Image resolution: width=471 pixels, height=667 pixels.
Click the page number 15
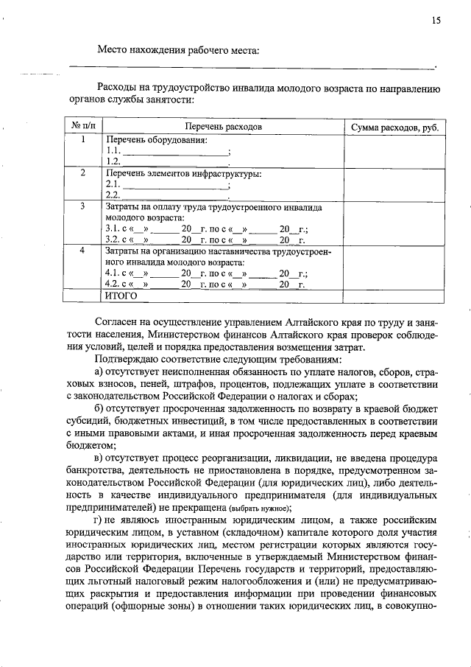click(x=436, y=21)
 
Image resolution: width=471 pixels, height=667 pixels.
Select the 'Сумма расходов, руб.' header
click(x=394, y=127)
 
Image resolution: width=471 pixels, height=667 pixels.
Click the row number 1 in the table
click(x=82, y=139)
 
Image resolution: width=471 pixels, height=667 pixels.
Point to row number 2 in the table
click(x=82, y=173)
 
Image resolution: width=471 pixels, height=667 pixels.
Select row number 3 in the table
click(x=82, y=207)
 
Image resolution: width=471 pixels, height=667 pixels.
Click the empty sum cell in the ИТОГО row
click(x=394, y=296)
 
